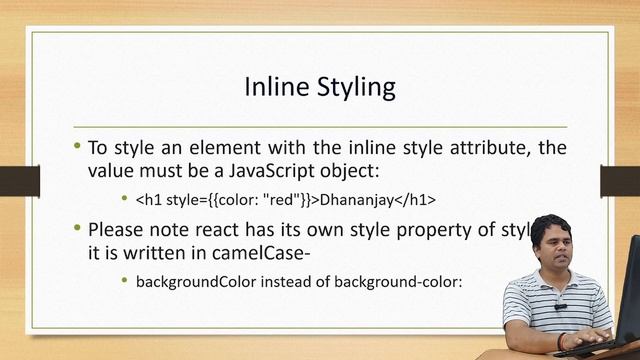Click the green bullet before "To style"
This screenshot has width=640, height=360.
point(77,146)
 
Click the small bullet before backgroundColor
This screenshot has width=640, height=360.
point(124,281)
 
